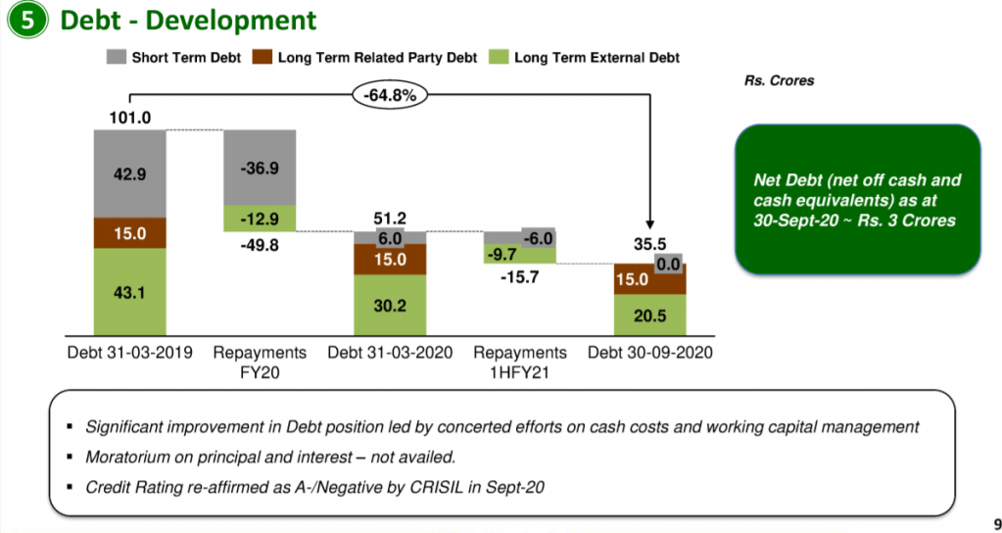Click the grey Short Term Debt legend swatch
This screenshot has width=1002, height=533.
pyautogui.click(x=117, y=58)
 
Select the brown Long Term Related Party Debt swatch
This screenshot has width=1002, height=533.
pyautogui.click(x=262, y=58)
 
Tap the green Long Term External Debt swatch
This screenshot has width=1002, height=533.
pyautogui.click(x=499, y=58)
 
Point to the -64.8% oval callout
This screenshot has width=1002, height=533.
pyautogui.click(x=390, y=95)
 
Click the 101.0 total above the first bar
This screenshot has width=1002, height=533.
pyautogui.click(x=129, y=119)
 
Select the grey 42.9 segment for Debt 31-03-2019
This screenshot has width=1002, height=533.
pyautogui.click(x=129, y=173)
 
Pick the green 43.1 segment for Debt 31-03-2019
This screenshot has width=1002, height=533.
pyautogui.click(x=129, y=291)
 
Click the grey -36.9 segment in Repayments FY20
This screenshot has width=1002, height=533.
pyautogui.click(x=260, y=168)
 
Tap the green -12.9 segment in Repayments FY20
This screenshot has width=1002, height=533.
pyautogui.click(x=260, y=218)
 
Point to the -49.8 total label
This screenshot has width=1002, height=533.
pyautogui.click(x=260, y=245)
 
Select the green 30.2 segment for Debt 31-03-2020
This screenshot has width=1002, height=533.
pyautogui.click(x=390, y=305)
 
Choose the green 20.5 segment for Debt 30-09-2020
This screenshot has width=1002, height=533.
pyautogui.click(x=649, y=315)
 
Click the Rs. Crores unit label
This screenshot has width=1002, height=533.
pyautogui.click(x=780, y=81)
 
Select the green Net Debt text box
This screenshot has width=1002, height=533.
pyautogui.click(x=857, y=200)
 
